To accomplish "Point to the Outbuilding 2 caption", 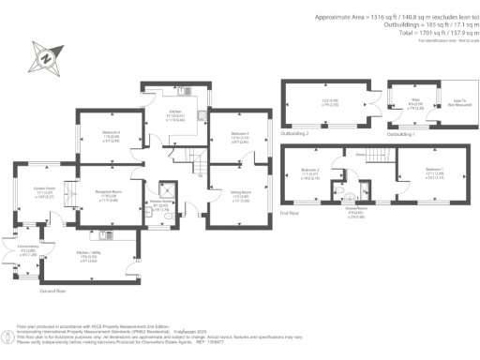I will (296, 135).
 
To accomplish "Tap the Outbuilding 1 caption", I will (402, 135).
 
